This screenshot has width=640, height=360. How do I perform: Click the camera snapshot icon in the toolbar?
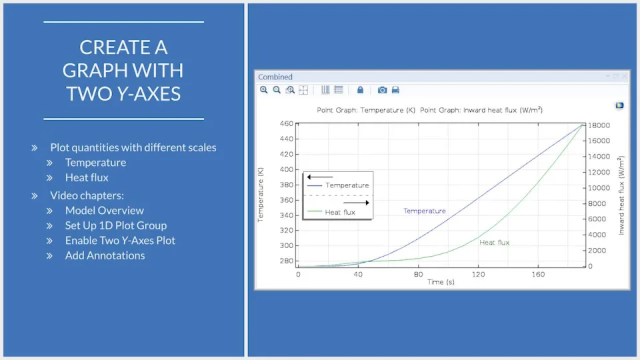point(382,90)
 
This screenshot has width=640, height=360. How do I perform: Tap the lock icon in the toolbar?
point(360,90)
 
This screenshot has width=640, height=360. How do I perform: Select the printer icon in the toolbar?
point(395,90)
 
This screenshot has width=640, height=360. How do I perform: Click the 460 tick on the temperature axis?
point(287,123)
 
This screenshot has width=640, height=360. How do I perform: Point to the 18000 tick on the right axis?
point(599,125)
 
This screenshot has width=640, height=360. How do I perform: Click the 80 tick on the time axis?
point(419,274)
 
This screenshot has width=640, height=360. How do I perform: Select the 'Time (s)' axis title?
point(441,282)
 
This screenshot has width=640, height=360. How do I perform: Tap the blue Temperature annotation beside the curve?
point(425,211)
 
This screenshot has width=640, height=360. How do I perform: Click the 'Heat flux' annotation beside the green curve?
point(494,243)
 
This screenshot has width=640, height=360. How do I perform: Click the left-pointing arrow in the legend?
point(320,177)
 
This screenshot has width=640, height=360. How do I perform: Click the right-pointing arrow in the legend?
point(356,203)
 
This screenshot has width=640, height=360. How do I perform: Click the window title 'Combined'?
point(275,77)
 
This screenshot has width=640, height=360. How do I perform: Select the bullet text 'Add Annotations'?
point(105,255)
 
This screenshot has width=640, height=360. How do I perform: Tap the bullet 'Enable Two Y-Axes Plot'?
point(120,241)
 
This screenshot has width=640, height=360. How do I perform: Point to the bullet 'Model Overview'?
point(105,210)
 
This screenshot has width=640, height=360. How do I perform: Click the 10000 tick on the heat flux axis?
point(599,188)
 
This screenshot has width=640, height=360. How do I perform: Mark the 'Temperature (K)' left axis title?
point(261,195)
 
